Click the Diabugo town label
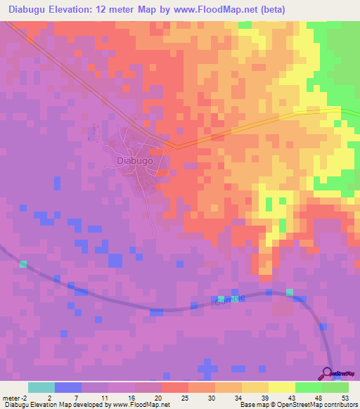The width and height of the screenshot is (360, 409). [134, 160]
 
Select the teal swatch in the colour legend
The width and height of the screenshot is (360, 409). [41, 387]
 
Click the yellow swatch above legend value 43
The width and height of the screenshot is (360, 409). [281, 387]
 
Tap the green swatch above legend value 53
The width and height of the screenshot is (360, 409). [335, 387]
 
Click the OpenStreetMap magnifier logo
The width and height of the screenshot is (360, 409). [329, 373]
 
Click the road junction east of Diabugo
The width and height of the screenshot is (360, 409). [174, 146]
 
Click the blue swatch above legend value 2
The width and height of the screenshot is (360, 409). [67, 387]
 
